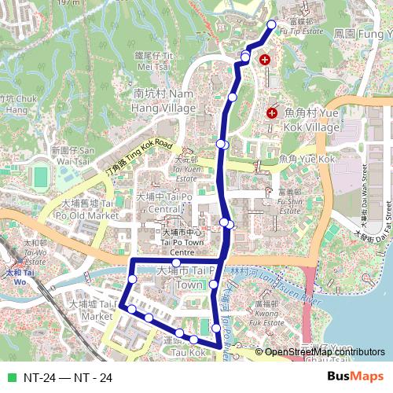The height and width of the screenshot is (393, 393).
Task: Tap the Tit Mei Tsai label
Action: coord(154,61)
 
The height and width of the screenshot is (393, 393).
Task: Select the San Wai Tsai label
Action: coord(72,154)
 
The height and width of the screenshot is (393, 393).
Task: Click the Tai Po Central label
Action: coord(165,202)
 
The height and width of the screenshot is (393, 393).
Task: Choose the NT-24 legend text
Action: coord(68,378)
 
